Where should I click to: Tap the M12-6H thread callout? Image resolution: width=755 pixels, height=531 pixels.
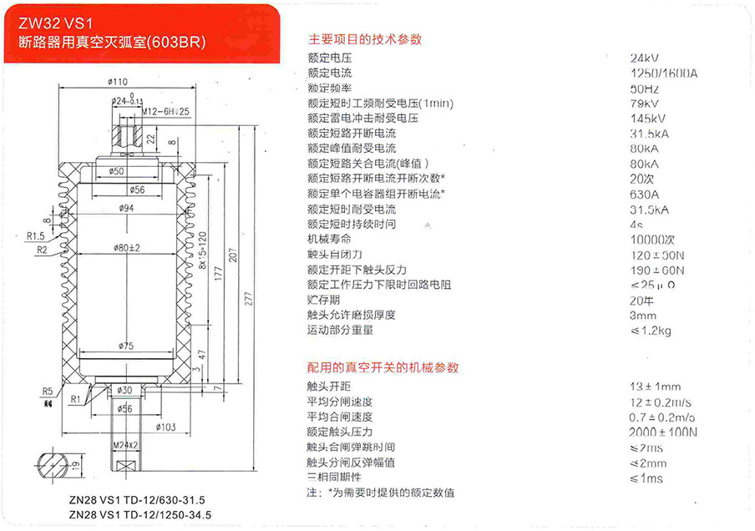(165, 110)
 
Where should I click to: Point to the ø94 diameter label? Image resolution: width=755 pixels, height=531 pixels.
(127, 207)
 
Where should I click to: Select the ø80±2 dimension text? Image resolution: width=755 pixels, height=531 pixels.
(127, 247)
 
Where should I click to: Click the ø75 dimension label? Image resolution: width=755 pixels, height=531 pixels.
(127, 346)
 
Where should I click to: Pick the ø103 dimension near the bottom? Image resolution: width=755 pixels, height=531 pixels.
(168, 427)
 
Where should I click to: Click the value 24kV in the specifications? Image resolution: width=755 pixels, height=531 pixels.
(645, 58)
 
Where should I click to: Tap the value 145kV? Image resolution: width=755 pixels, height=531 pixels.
(647, 119)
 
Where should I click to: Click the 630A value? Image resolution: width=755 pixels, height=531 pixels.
(645, 194)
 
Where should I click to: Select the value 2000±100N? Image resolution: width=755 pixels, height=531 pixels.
(663, 432)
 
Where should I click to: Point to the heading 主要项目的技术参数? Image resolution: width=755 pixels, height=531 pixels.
(365, 39)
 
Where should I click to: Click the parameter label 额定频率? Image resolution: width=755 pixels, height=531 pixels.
(329, 88)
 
